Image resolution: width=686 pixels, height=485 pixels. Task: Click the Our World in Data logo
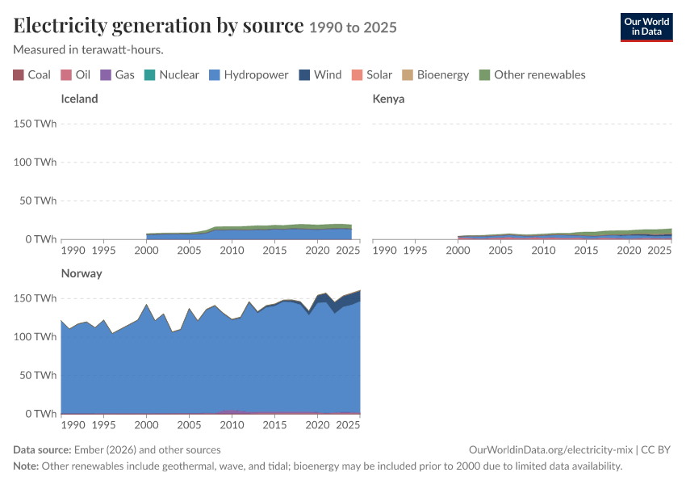(646, 27)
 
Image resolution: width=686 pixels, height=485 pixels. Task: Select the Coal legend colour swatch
(19, 75)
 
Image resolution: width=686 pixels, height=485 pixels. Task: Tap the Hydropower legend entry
(249, 75)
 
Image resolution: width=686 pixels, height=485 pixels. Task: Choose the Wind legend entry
(320, 75)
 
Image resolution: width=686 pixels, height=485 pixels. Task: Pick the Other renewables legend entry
(533, 75)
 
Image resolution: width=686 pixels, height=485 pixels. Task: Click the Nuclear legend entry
(171, 75)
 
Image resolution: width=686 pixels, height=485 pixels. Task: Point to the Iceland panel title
(79, 99)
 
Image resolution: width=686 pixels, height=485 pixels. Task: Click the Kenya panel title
(388, 99)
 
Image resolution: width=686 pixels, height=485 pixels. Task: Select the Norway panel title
(82, 273)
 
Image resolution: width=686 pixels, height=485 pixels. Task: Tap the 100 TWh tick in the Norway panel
(35, 336)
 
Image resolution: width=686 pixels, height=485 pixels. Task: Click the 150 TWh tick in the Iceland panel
(35, 124)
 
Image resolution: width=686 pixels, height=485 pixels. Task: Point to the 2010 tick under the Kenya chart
(543, 250)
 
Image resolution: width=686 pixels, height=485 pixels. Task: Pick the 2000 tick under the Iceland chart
(146, 250)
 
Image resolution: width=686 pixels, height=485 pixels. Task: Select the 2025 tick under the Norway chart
(348, 424)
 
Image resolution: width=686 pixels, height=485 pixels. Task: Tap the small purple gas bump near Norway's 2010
(230, 411)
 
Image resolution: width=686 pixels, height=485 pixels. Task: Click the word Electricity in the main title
(60, 25)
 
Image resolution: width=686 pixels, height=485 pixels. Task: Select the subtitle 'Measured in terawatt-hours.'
(89, 49)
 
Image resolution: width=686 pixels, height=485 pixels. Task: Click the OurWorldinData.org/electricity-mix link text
(550, 449)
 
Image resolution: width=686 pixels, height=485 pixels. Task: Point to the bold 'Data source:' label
(42, 449)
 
